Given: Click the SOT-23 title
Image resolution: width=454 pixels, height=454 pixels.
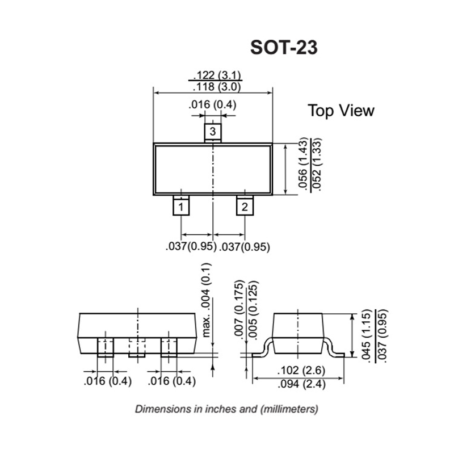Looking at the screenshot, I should (284, 48).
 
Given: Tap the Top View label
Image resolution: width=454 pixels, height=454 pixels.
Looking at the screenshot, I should (341, 110).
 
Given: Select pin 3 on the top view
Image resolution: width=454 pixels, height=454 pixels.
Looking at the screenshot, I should (212, 132).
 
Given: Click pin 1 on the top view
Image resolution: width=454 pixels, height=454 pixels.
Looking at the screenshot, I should (180, 207).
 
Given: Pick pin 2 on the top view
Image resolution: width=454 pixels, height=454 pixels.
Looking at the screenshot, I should (244, 207).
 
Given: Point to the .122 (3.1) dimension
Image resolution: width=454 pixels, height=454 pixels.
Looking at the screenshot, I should (217, 75).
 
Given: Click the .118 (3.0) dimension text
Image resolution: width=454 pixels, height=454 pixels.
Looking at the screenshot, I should (217, 87).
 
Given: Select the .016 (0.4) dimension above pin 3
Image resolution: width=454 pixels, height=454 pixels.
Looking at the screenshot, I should (213, 105).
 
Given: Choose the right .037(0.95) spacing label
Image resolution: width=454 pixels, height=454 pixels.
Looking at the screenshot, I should (244, 247).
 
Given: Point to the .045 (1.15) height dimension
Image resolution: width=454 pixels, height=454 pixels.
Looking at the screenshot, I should (366, 336).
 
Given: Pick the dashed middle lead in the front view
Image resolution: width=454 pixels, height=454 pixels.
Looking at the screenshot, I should (137, 347).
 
